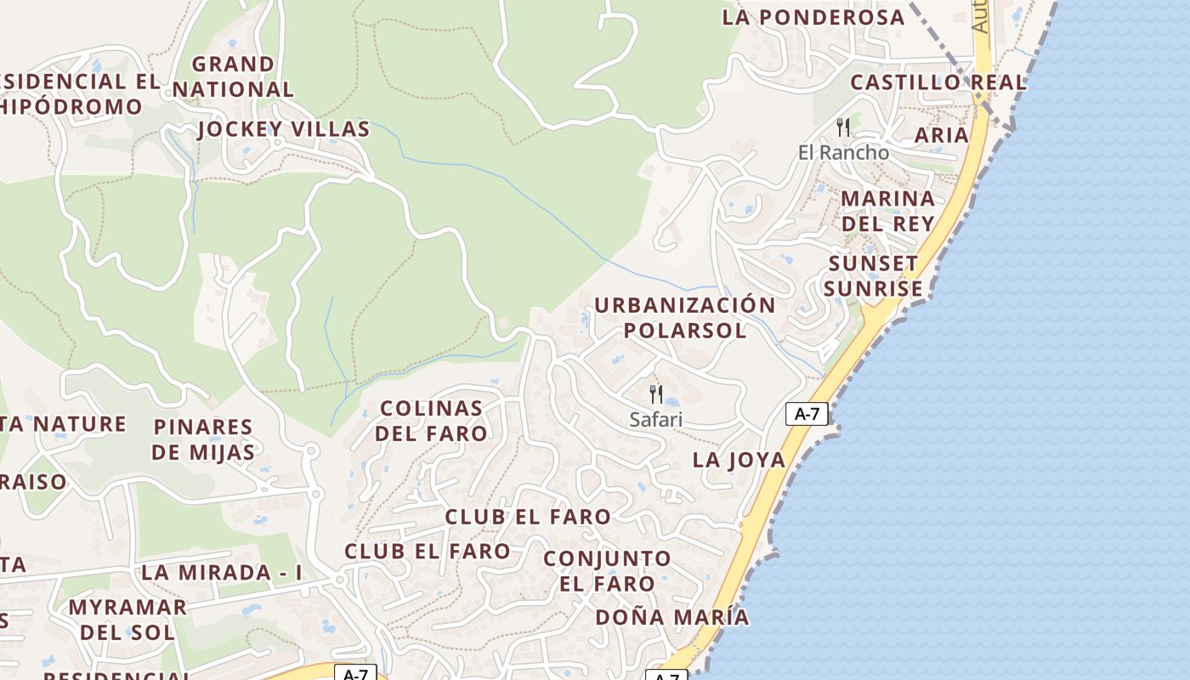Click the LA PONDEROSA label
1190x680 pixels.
tap(813, 17)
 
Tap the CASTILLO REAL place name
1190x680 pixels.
tap(938, 82)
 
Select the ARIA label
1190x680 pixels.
tap(941, 134)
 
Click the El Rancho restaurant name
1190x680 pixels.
tap(843, 152)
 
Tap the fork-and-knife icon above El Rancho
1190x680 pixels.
tap(843, 127)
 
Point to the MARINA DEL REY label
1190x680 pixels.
tap(887, 211)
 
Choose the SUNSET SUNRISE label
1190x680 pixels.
tap(873, 275)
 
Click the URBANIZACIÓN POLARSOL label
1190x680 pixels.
tap(684, 317)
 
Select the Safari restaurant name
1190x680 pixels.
tap(655, 419)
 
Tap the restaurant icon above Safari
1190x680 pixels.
tap(655, 394)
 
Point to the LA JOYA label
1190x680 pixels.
tap(739, 460)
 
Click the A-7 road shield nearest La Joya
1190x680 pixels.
tap(806, 414)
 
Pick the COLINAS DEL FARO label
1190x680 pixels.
tap(432, 420)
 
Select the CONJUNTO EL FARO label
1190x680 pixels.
tap(607, 570)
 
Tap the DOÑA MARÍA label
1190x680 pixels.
tap(672, 617)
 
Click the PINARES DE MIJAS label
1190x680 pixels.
tap(203, 439)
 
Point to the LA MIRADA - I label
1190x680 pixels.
tap(222, 572)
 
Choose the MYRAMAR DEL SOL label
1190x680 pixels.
tap(127, 619)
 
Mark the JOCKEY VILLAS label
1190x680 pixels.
tap(284, 129)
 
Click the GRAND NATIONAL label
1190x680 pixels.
tap(233, 76)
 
